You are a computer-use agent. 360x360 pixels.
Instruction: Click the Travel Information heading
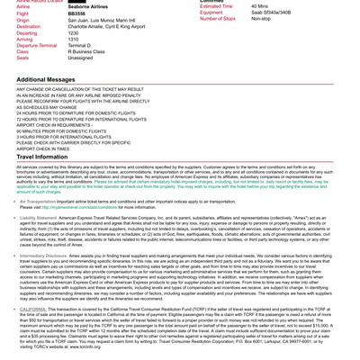click(x=41, y=157)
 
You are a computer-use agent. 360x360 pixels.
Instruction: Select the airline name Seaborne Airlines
click(x=87, y=7)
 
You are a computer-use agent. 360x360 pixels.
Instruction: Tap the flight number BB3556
click(x=76, y=13)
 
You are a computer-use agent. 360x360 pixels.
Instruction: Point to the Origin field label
click(x=22, y=20)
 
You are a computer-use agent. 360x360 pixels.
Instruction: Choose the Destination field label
click(x=28, y=26)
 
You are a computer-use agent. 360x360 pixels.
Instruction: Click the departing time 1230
click(x=73, y=32)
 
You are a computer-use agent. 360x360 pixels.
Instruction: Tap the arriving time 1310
click(x=73, y=39)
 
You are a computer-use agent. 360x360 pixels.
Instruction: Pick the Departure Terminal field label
click(x=36, y=45)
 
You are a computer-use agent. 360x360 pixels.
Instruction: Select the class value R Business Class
click(x=86, y=51)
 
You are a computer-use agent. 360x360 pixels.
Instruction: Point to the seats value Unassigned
click(x=80, y=58)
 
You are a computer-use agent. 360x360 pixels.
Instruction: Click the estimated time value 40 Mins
click(x=259, y=6)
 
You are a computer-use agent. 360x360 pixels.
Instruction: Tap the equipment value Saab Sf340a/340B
click(x=271, y=13)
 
